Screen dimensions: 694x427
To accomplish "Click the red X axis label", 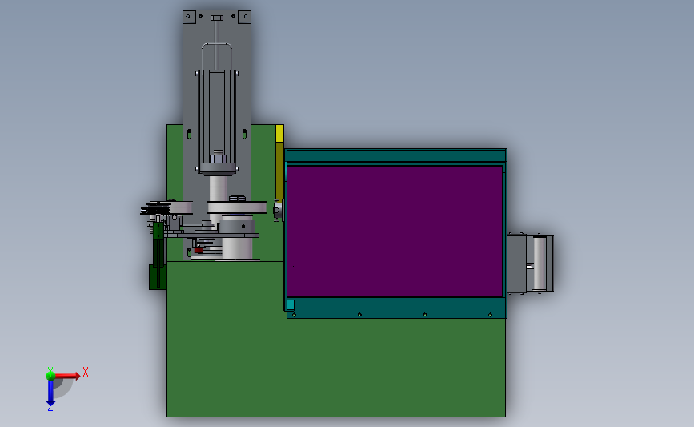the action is point(86,372).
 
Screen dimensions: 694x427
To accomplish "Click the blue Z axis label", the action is point(50,408).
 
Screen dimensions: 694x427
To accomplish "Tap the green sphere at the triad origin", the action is point(50,376).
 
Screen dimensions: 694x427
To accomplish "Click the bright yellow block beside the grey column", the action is point(279,133).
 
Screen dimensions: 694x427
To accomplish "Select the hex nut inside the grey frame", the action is point(218,157).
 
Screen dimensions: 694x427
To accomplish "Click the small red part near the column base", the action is point(199,250).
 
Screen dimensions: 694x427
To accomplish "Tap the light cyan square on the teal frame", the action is point(291,304).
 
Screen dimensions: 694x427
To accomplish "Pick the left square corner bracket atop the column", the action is point(189,16).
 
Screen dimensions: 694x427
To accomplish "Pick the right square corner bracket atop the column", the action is point(245,17).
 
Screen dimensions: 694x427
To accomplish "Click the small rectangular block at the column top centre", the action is point(217,18).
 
